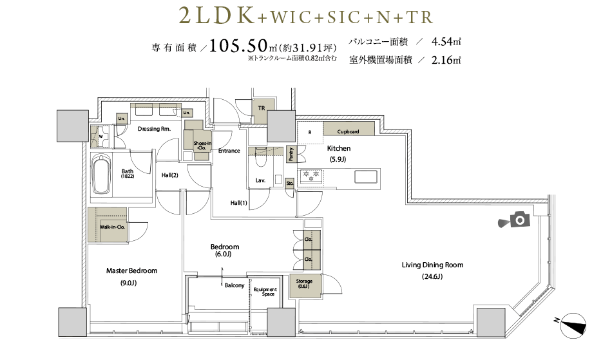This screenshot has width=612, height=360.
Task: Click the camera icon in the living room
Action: click(515, 220)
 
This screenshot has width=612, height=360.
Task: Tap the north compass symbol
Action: click(573, 325)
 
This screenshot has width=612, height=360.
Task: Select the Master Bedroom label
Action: click(132, 270)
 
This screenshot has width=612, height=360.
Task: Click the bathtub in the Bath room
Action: click(102, 175)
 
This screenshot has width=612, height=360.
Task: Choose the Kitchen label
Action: click(338, 148)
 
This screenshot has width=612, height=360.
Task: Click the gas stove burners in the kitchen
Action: click(311, 176)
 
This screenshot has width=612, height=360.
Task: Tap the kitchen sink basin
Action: click(366, 176)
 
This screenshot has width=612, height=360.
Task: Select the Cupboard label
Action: click(348, 132)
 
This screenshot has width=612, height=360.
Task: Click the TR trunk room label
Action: click(262, 108)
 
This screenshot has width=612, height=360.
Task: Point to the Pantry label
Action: click(291, 154)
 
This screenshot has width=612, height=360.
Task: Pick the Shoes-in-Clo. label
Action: click(202, 146)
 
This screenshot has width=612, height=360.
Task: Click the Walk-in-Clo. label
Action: click(112, 227)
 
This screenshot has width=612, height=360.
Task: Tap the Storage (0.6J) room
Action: click(305, 287)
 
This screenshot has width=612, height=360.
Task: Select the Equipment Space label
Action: click(265, 292)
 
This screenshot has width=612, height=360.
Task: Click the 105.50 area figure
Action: click(238, 46)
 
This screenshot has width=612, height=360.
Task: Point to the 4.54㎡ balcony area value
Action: click(446, 41)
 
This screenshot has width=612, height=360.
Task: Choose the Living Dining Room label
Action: click(432, 265)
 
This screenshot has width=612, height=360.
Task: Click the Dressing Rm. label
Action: click(154, 129)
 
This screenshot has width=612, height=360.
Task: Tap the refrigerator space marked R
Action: click(310, 133)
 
